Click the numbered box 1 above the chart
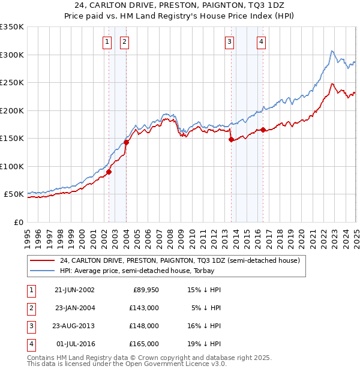[x=107, y=41]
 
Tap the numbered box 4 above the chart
[x=262, y=41]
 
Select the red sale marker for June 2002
[x=109, y=172]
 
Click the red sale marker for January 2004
[x=127, y=142]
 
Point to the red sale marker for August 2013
[x=232, y=139]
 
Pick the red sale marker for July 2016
[x=263, y=130]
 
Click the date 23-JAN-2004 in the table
[x=75, y=308]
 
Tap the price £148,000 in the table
[x=145, y=326]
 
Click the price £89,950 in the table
[x=145, y=290]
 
